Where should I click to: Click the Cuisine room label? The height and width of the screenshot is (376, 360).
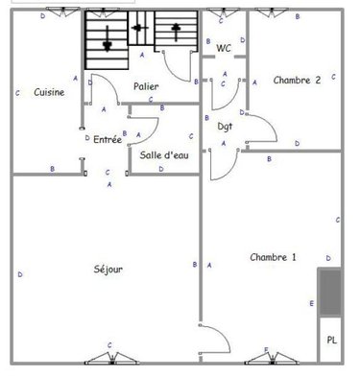[49, 93]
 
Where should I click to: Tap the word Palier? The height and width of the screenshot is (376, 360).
[146, 86]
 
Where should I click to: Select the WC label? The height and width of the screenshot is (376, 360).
[224, 48]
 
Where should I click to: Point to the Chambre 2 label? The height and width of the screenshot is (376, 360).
[297, 81]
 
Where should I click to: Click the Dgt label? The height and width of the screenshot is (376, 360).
[225, 126]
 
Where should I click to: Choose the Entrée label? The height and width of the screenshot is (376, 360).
[108, 139]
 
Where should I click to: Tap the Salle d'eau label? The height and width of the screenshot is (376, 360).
[163, 154]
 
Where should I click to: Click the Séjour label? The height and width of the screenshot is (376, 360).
[108, 269]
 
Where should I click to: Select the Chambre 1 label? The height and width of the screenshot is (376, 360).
[273, 256]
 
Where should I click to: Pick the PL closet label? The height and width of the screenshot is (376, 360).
[331, 340]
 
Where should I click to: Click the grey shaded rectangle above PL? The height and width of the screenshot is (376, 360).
[330, 292]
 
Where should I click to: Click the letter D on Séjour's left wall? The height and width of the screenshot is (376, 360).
[20, 274]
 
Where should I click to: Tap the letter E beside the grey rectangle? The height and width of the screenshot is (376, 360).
[311, 304]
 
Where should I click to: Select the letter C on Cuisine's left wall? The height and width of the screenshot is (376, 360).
[18, 93]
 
